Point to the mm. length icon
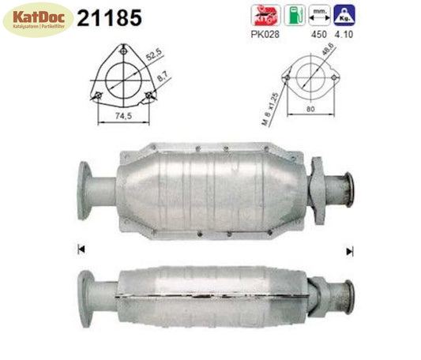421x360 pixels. (x=319, y=14)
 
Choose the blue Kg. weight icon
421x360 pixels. (x=344, y=14)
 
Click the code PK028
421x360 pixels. (x=261, y=34)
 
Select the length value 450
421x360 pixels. (x=318, y=34)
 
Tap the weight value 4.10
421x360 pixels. (x=345, y=34)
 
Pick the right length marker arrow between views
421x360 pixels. (x=349, y=250)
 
